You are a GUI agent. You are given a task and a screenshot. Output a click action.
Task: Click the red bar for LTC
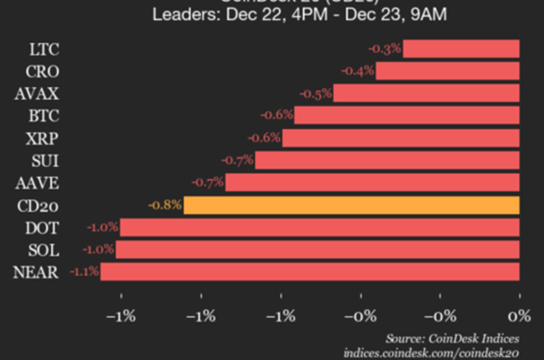(461, 48)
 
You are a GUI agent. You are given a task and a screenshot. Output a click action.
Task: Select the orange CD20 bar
(351, 205)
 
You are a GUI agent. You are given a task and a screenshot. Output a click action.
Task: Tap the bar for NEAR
(309, 272)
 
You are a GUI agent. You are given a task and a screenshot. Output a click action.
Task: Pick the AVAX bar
(426, 93)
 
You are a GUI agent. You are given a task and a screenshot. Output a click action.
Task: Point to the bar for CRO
(447, 70)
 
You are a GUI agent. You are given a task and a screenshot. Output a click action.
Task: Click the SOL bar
(317, 249)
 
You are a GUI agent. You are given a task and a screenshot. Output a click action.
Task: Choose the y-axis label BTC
(42, 115)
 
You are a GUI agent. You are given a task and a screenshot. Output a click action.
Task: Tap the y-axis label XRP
(42, 138)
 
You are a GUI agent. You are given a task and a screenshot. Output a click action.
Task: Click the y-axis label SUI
(44, 161)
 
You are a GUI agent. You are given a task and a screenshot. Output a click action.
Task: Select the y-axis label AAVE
(38, 183)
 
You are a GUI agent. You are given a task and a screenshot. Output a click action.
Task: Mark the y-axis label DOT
(41, 227)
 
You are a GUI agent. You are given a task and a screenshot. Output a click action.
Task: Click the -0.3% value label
(385, 47)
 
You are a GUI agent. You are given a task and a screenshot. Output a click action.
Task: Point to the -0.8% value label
(166, 205)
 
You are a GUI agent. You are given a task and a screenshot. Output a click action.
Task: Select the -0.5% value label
(315, 93)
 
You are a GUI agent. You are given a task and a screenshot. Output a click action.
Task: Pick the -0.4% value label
(358, 70)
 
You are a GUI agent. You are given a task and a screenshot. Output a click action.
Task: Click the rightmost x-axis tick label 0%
(520, 314)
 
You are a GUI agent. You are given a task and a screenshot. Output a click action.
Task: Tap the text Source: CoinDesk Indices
(453, 337)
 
